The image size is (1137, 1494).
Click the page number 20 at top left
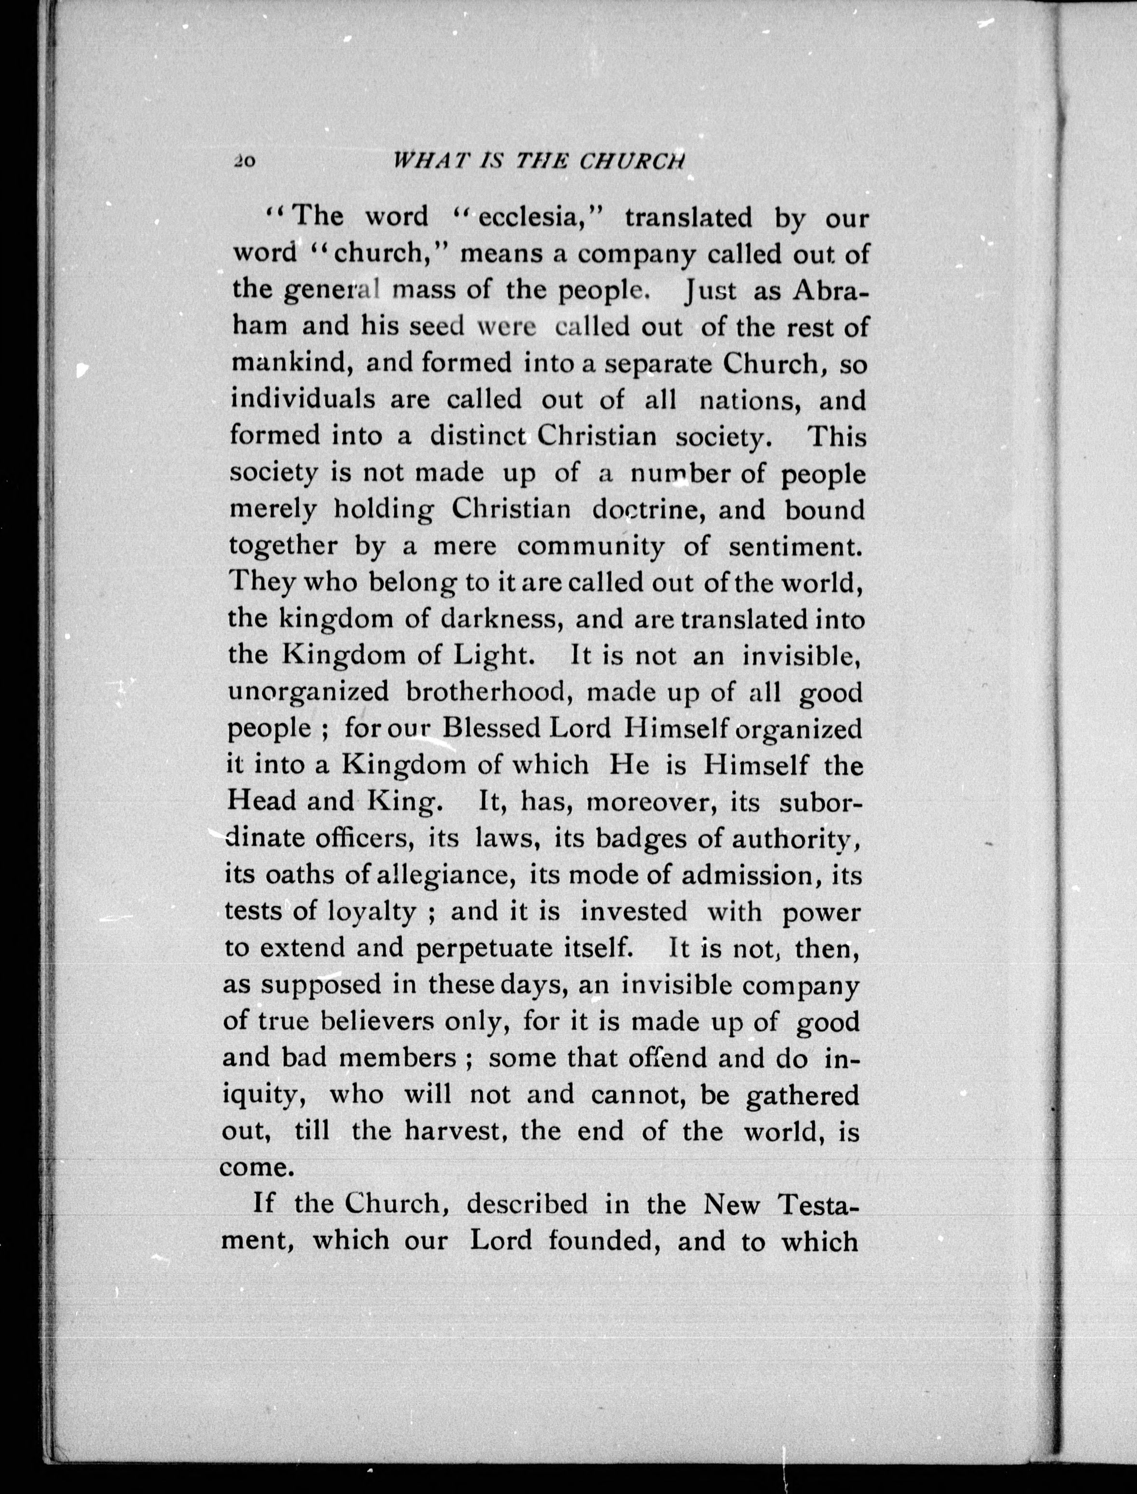tap(244, 162)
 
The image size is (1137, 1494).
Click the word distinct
tap(478, 436)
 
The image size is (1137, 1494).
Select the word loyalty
tap(371, 912)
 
